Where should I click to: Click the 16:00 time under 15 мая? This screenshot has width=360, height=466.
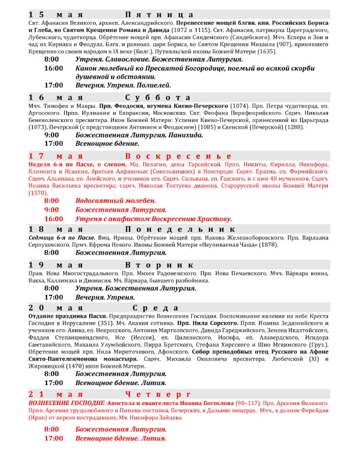(x=54, y=68)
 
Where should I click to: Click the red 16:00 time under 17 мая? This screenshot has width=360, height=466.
(x=54, y=219)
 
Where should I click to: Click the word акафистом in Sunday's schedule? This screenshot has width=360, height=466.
(x=124, y=219)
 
